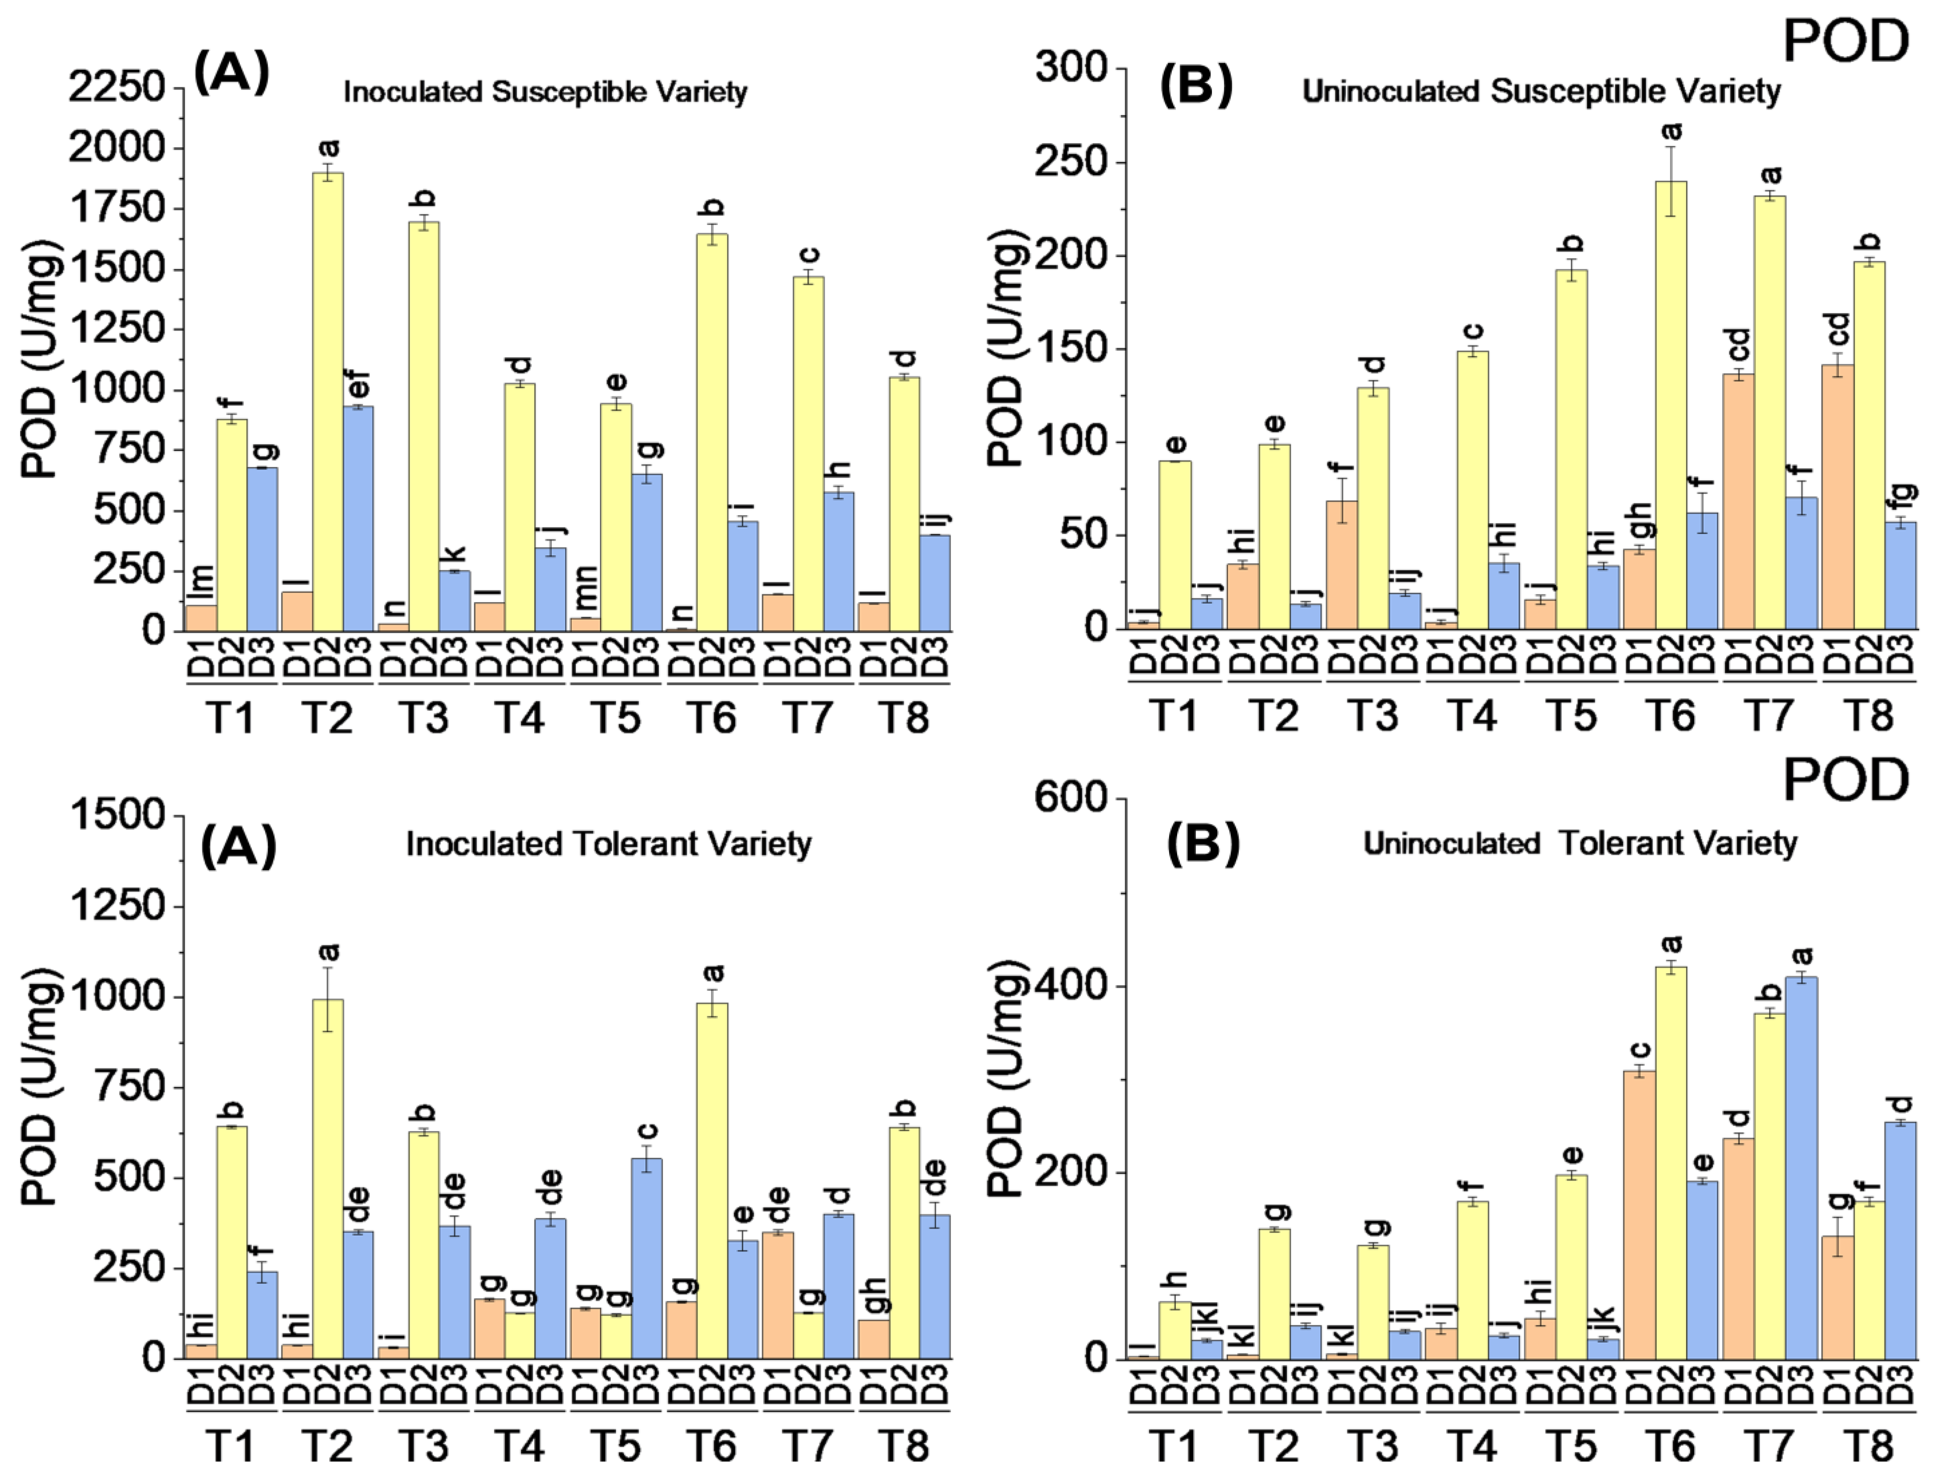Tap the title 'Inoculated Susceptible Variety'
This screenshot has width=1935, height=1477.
[545, 91]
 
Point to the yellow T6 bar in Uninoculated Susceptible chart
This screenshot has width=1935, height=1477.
[1670, 404]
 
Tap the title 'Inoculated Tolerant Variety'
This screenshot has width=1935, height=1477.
[608, 844]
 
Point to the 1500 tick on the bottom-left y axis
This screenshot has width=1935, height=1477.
[117, 815]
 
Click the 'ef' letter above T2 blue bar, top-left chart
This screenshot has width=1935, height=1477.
[359, 384]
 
